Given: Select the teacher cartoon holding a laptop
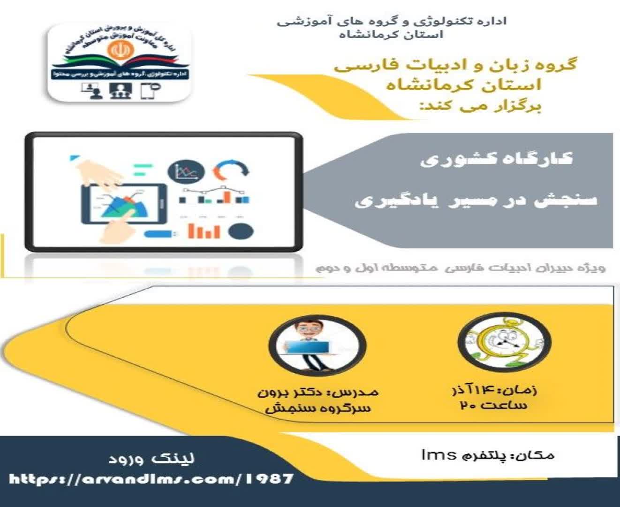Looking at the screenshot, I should pyautogui.click(x=317, y=345).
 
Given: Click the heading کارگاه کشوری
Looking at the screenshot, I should pyautogui.click(x=496, y=159).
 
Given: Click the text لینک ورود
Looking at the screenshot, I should pyautogui.click(x=151, y=458).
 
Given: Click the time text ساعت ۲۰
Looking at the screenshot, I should pyautogui.click(x=494, y=405).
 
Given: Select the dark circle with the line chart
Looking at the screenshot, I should pyautogui.click(x=186, y=171).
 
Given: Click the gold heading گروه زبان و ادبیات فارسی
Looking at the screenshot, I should pyautogui.click(x=455, y=65).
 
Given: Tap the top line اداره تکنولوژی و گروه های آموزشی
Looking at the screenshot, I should pyautogui.click(x=392, y=21).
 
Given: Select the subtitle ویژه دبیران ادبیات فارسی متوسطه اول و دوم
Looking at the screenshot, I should pyautogui.click(x=460, y=268).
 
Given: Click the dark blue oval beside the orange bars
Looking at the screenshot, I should pyautogui.click(x=241, y=231).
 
